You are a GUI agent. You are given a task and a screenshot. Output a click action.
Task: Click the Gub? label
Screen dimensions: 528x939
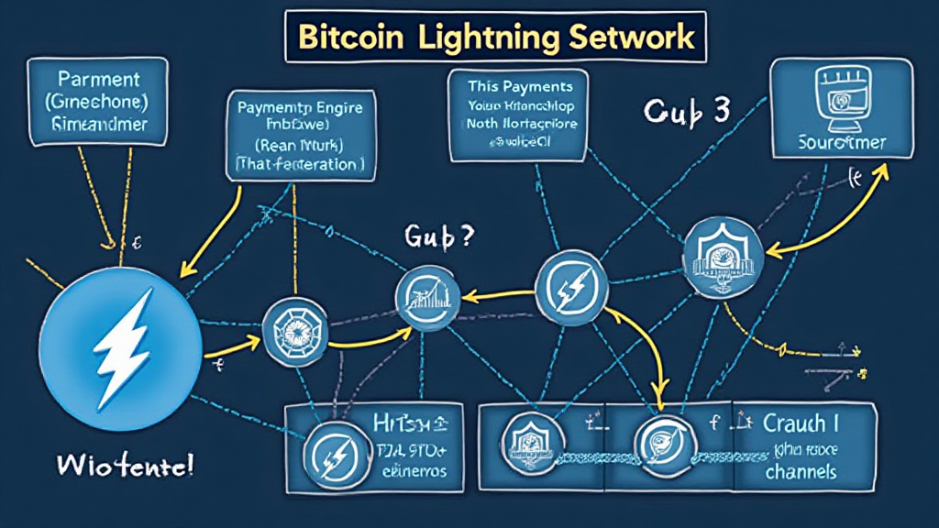click(438, 236)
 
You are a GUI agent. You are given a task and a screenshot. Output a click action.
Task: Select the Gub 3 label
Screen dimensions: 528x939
click(686, 110)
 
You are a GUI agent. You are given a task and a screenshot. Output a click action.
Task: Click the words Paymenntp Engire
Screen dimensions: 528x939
click(300, 107)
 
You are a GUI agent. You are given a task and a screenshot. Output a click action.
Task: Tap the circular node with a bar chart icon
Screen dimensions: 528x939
click(425, 299)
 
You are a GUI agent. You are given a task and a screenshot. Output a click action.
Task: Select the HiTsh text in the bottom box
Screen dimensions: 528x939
click(408, 423)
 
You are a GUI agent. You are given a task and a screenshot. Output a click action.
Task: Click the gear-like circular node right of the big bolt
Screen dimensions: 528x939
click(288, 328)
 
